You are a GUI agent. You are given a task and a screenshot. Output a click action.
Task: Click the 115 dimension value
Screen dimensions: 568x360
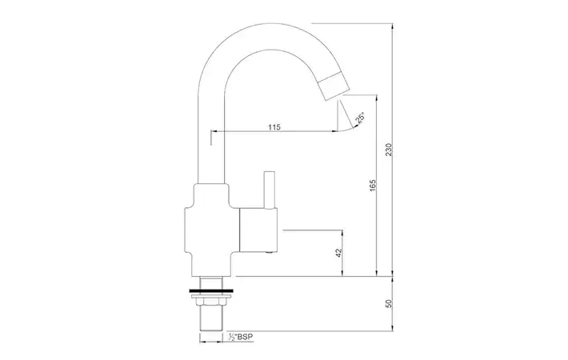[x=274, y=127]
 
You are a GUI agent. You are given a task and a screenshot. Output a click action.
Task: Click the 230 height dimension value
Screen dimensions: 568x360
[x=389, y=150]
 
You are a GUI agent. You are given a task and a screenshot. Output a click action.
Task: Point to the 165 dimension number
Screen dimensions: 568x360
[x=373, y=186]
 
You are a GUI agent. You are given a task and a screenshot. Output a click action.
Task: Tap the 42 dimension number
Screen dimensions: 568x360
[x=339, y=253]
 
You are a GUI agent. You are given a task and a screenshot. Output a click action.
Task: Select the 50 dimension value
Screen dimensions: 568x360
[x=389, y=303]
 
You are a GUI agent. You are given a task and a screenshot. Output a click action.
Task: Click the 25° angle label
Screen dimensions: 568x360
[x=360, y=118]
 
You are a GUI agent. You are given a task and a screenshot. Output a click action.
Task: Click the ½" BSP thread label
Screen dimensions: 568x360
[x=241, y=337]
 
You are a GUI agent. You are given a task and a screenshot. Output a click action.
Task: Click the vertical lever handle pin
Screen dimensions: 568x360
[x=269, y=190]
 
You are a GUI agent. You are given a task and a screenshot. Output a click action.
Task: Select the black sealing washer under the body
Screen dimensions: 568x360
[x=210, y=290]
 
